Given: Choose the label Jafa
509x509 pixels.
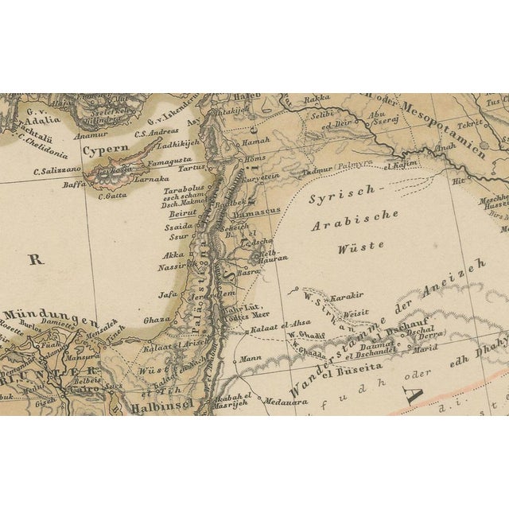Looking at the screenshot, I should click(167, 294).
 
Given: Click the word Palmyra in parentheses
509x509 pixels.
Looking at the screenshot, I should click(356, 167).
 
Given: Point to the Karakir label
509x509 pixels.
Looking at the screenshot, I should click(347, 296).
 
